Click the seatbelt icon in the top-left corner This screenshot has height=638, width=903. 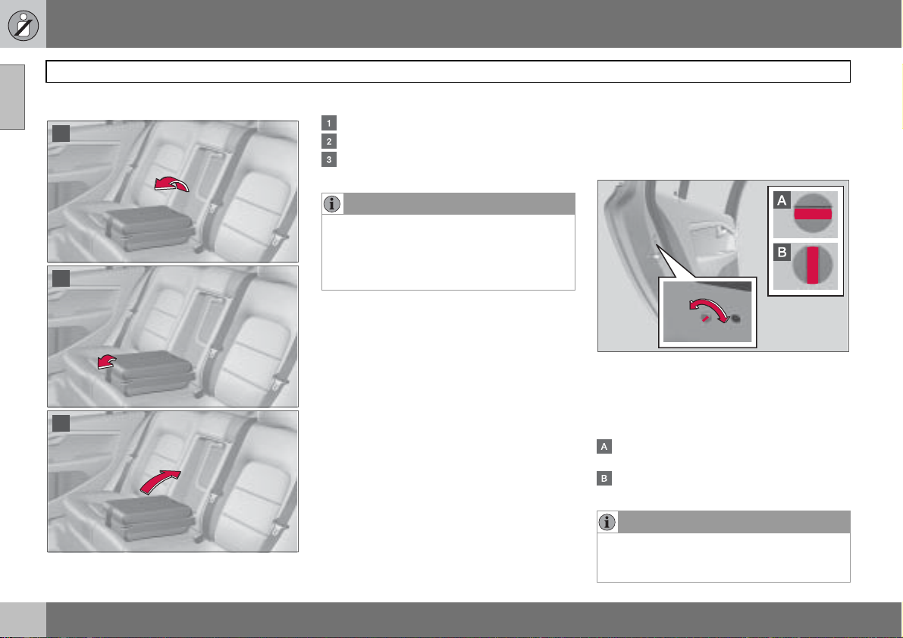pyautogui.click(x=23, y=25)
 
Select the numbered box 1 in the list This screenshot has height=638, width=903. pyautogui.click(x=329, y=123)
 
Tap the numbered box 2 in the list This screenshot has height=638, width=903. pyautogui.click(x=329, y=141)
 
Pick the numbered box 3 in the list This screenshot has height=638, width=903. pyautogui.click(x=329, y=159)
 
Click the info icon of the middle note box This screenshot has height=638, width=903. pyautogui.click(x=332, y=204)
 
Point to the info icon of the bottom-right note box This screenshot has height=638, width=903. pyautogui.click(x=607, y=522)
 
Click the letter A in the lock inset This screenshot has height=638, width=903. pyautogui.click(x=782, y=200)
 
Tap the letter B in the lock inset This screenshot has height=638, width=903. pyautogui.click(x=782, y=253)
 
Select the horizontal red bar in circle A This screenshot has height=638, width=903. pyautogui.click(x=813, y=214)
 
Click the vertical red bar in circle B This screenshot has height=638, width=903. pyautogui.click(x=813, y=265)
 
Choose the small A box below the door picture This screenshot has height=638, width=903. pyautogui.click(x=604, y=447)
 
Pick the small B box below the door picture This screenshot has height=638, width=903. pyautogui.click(x=604, y=479)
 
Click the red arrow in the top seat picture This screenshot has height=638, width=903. pyautogui.click(x=171, y=183)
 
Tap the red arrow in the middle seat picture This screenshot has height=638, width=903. pyautogui.click(x=107, y=361)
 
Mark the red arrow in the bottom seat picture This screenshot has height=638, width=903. pyautogui.click(x=160, y=481)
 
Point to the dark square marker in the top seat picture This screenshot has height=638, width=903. pyautogui.click(x=61, y=134)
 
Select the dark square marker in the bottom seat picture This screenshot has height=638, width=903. pyautogui.click(x=61, y=423)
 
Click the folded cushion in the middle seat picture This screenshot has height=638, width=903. pyautogui.click(x=151, y=372)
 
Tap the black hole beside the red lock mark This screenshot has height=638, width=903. pyautogui.click(x=735, y=318)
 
